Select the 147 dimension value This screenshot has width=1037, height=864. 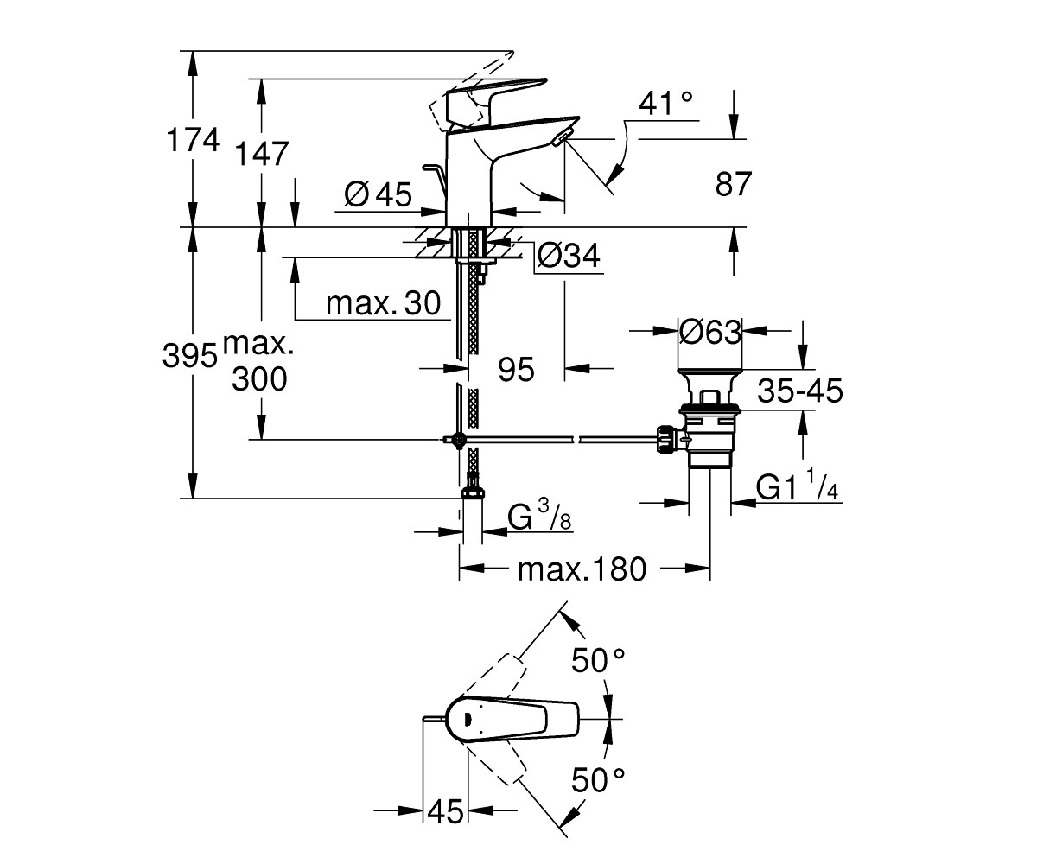pos(261,154)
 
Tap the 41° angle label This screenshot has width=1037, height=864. pos(665,104)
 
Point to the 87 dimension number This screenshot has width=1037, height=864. pos(734,184)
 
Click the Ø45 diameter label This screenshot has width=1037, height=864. pos(378,194)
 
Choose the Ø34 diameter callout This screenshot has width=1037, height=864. pos(569,256)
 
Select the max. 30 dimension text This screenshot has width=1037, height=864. pos(384,303)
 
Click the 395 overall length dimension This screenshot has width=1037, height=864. pos(190,355)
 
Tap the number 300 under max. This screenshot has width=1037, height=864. pos(259,379)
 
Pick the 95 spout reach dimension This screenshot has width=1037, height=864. pos(517,370)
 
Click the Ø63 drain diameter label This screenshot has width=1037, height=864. pos(710,332)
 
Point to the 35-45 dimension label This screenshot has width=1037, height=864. pos(800,391)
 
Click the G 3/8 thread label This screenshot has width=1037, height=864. pos(539,517)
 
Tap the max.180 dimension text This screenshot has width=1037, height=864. pos(582,569)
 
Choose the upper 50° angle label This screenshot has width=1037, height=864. pos(598,660)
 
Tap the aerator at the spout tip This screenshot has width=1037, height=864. pos(561,138)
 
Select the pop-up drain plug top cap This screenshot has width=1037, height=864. pos(710,371)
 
